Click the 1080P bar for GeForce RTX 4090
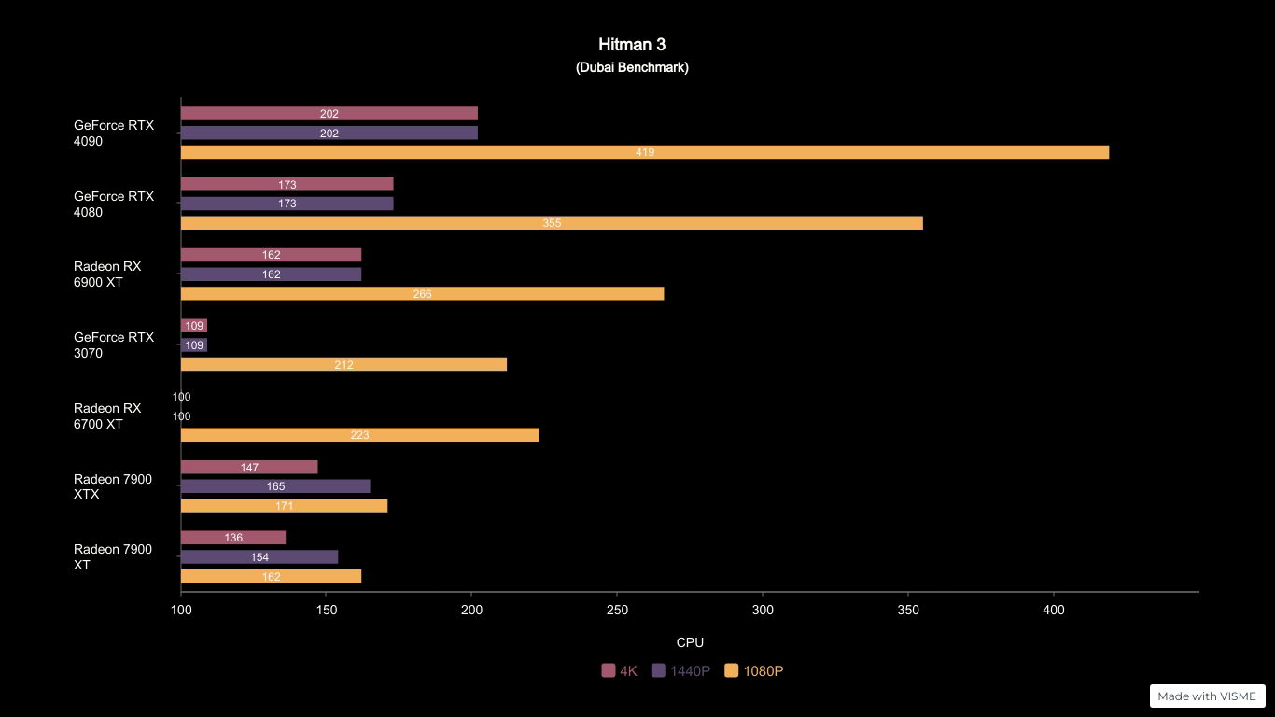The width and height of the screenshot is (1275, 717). (644, 152)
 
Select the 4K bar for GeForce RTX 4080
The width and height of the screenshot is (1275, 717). (287, 185)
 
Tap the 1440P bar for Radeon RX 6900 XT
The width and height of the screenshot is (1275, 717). (271, 274)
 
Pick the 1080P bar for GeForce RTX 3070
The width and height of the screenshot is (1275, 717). (343, 364)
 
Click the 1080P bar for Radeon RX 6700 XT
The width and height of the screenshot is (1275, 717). (359, 435)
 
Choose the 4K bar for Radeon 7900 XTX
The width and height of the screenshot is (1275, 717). (249, 468)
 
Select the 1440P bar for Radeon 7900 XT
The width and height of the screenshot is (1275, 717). (259, 557)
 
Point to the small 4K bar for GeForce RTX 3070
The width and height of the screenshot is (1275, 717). (194, 326)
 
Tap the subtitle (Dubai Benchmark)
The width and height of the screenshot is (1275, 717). (632, 67)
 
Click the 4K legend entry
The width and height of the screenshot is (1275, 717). (620, 670)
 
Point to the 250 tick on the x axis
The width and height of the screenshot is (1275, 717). (617, 610)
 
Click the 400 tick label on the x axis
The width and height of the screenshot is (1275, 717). (1053, 610)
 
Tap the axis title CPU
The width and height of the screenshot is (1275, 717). (690, 642)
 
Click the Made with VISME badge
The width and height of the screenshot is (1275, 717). (1207, 696)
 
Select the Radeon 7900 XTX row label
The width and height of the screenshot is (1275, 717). (113, 486)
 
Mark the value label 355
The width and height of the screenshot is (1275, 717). (552, 223)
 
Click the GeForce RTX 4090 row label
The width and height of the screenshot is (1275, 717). (114, 134)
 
